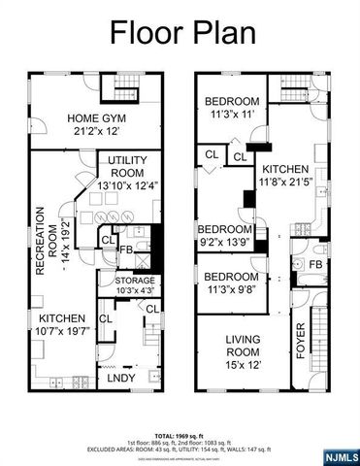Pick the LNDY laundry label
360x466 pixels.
(x=120, y=377)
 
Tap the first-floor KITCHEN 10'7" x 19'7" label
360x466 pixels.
(x=62, y=317)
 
